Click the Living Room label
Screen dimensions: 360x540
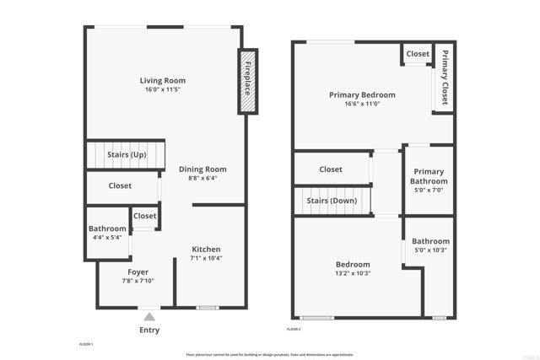click(x=163, y=81)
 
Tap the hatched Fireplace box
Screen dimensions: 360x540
click(x=249, y=81)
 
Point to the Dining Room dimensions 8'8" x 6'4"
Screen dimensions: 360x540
click(x=202, y=178)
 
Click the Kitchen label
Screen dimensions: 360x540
click(x=206, y=249)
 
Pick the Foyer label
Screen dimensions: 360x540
click(x=138, y=271)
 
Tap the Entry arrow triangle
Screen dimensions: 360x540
click(x=149, y=316)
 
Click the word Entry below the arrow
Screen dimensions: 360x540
click(x=148, y=330)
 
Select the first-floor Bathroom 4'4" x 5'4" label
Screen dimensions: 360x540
click(x=108, y=228)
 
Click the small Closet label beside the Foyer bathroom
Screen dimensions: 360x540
click(x=145, y=216)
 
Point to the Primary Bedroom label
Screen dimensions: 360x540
click(x=362, y=95)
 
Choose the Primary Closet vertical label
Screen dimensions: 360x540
click(x=445, y=77)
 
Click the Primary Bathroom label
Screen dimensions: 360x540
click(x=429, y=176)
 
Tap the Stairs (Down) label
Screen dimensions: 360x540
click(x=332, y=201)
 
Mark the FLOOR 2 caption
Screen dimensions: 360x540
click(x=294, y=328)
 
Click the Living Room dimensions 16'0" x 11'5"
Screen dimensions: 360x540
click(x=163, y=89)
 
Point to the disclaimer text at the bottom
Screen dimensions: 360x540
click(x=270, y=354)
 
